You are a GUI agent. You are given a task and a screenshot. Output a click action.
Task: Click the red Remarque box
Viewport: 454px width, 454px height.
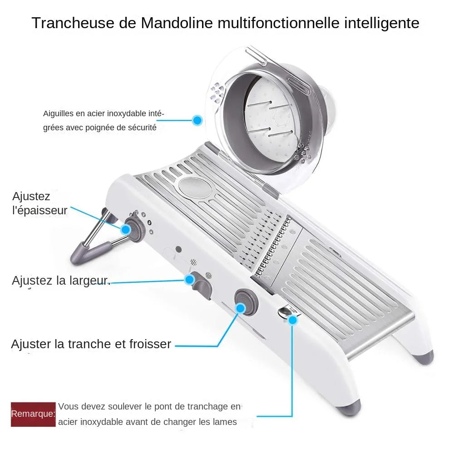tap(33, 414)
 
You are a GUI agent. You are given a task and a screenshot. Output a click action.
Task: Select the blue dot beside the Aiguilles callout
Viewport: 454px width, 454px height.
tap(197, 120)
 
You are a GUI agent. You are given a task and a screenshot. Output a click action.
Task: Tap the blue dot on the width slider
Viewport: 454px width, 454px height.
tap(189, 280)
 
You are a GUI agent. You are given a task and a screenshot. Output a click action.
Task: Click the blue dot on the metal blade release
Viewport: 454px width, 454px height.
tap(293, 320)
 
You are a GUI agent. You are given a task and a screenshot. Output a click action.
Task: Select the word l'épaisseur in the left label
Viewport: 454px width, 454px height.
tap(40, 211)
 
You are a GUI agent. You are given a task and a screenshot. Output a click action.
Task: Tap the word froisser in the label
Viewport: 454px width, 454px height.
tap(149, 344)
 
